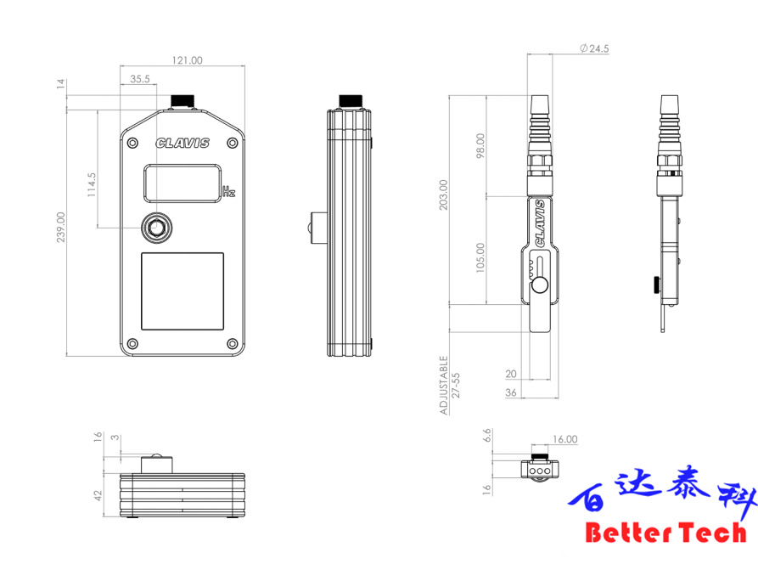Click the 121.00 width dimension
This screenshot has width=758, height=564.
pyautogui.click(x=188, y=60)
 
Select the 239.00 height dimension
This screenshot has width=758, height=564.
pyautogui.click(x=60, y=228)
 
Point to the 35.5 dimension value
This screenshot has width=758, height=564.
pyautogui.click(x=140, y=78)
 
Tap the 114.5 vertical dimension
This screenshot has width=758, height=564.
pyautogui.click(x=91, y=185)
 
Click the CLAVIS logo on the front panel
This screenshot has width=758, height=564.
pyautogui.click(x=182, y=144)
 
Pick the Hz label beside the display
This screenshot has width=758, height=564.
pyautogui.click(x=228, y=192)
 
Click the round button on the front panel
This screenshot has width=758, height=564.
pyautogui.click(x=156, y=227)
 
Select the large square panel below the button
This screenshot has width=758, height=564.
pyautogui.click(x=182, y=291)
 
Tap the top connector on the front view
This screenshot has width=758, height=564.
pyautogui.click(x=182, y=101)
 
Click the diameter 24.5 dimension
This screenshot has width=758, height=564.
pyautogui.click(x=594, y=49)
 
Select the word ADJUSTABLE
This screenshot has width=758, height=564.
pyautogui.click(x=444, y=384)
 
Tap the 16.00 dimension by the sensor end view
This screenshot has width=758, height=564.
pyautogui.click(x=565, y=440)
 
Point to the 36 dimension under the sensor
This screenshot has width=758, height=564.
pyautogui.click(x=510, y=392)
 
